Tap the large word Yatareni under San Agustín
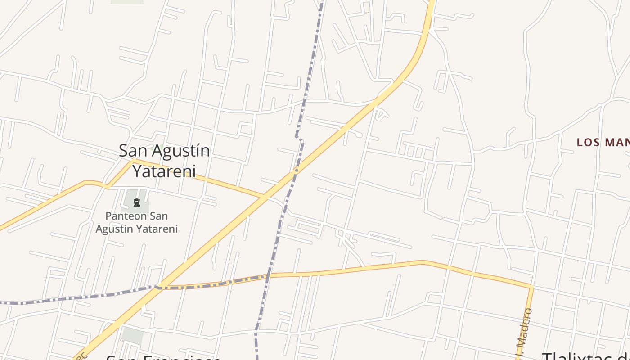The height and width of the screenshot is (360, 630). tap(164, 171)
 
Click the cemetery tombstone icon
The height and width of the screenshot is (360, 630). tap(137, 203)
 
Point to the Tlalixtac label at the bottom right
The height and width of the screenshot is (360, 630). tap(585, 356)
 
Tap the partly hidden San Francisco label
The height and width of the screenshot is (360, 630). tap(163, 357)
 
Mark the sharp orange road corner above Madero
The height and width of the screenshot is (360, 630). tap(532, 286)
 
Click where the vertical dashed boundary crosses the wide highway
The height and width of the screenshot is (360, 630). tap(295, 171)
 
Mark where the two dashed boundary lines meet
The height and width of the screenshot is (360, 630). tap(268, 276)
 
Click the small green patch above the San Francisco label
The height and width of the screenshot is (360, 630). tap(133, 335)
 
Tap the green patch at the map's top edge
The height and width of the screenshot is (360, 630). tap(127, 2)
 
